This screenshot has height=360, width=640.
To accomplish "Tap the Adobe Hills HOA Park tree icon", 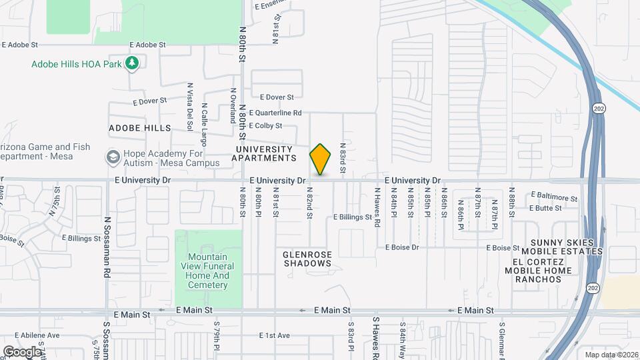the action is point(133,63).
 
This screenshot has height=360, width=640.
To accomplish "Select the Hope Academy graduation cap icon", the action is point(112,157).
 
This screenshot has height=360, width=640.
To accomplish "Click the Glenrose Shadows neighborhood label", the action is point(307,258).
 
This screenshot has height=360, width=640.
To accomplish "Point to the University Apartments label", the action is point(263,153).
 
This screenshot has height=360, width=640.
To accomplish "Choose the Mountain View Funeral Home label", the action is point(208,271).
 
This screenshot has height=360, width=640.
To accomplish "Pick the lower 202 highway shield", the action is point(593,287).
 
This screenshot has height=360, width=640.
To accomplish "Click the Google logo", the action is point(21,351).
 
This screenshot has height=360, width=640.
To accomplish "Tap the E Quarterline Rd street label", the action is point(275,113).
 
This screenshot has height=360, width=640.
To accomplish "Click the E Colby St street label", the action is point(265,125).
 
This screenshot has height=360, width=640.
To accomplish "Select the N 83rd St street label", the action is point(343,158).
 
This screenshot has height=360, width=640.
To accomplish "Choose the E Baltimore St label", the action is point(555,197).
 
